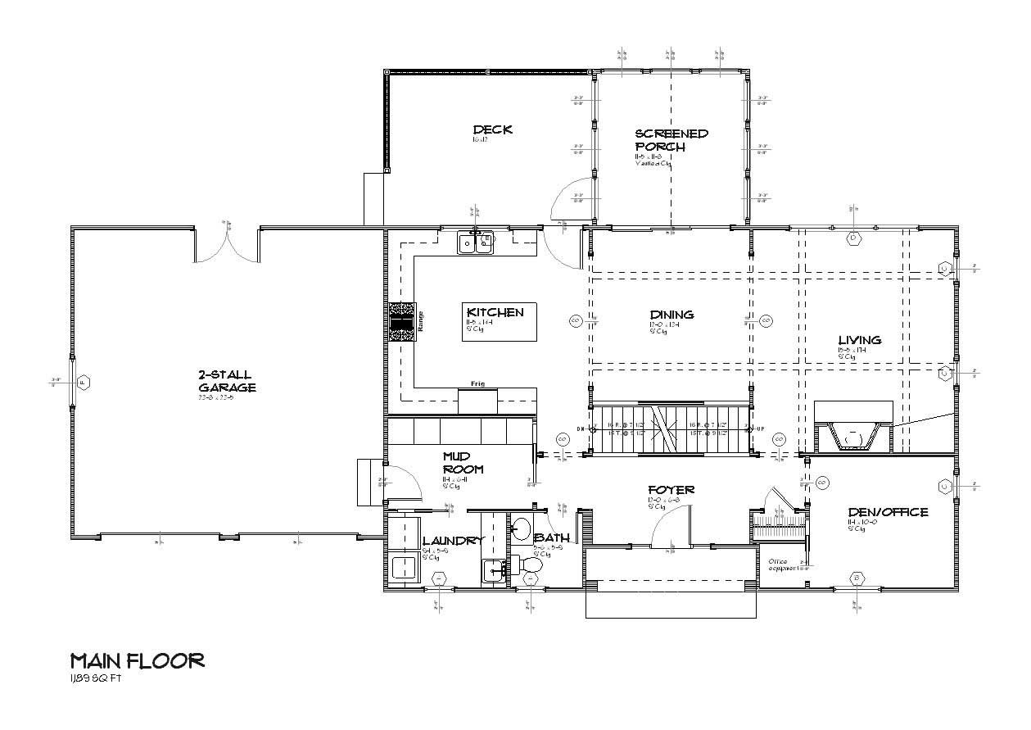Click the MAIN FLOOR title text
pos(137,660)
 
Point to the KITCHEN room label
pos(495,312)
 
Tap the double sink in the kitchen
pos(476,242)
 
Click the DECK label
pos(492,129)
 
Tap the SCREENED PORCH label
pos(672,139)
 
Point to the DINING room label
pos(672,315)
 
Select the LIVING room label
pos(859,340)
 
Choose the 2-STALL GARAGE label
pos(227,381)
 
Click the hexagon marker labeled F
pos(84,382)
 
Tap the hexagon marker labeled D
pos(853,238)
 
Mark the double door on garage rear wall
pos(227,244)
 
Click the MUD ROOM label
pos(463,463)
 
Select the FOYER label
pos(672,490)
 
